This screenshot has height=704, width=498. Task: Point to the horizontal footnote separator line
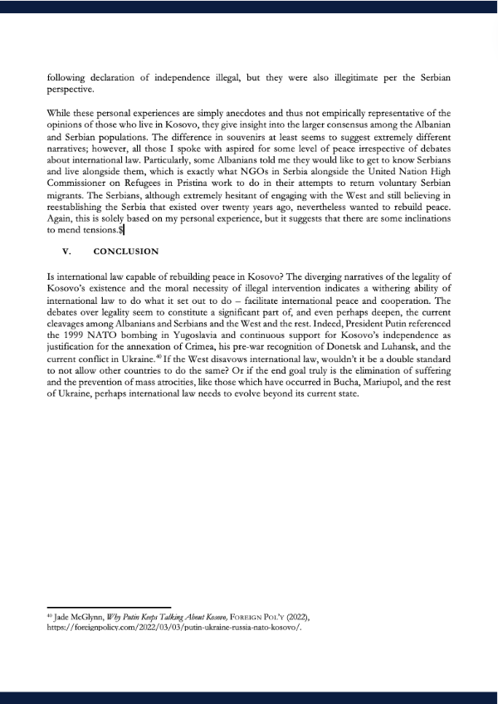click(108, 606)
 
